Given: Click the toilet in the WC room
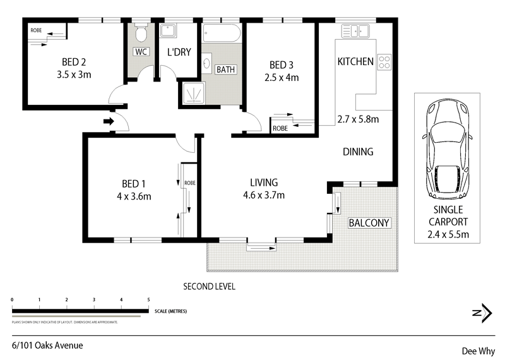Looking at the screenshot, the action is (141, 33).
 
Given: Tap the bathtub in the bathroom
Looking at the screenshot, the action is (222, 33).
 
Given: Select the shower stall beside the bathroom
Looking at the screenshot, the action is (194, 93).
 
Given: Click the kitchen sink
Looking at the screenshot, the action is (355, 32).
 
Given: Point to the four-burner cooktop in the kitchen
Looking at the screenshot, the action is (384, 62).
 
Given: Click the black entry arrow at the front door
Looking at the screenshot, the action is (109, 121).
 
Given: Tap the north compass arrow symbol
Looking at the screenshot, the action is (482, 313).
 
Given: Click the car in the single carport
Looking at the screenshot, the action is (448, 149).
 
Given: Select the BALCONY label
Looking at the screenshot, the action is (369, 223).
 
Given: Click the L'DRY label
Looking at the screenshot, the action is (179, 52).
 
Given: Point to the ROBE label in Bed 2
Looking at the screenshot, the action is (36, 30).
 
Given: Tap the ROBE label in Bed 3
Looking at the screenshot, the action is (280, 128).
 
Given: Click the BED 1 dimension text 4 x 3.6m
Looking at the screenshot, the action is (134, 196).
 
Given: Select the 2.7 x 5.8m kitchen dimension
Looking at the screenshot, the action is (358, 119).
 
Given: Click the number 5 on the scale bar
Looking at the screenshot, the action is (148, 300).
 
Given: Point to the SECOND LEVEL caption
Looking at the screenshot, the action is (210, 286).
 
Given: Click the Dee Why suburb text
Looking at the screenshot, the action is (478, 351).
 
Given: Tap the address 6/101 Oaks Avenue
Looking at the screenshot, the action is (47, 345).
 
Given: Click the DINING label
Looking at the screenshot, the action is (358, 152).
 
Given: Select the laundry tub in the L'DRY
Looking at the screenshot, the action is (168, 30).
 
